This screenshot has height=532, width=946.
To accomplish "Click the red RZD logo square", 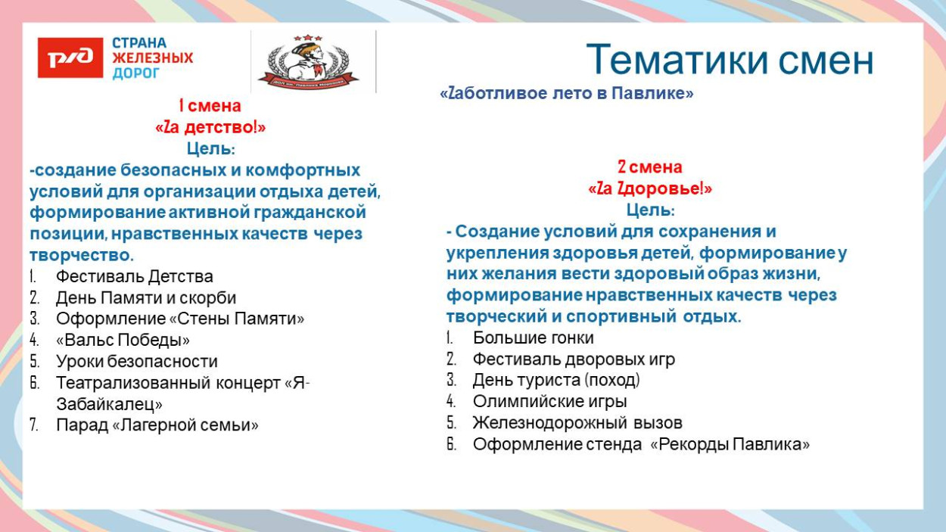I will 70,58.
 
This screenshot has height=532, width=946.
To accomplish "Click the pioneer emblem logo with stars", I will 308,61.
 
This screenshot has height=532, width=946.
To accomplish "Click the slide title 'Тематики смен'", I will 730,60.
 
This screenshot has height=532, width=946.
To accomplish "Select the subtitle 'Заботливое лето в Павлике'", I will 567,94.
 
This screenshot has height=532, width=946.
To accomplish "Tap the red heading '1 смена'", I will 210,106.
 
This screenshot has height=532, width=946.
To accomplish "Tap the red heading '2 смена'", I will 649,167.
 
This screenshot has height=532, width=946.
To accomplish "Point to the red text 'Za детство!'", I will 210,128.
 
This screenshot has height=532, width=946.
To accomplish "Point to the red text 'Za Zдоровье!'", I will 649,188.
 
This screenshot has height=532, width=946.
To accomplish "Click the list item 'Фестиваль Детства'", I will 135,277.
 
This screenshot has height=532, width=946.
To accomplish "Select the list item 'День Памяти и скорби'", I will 146,298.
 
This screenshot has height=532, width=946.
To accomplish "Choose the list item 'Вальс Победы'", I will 123,341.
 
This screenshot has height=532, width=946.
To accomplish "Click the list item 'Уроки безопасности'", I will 137,362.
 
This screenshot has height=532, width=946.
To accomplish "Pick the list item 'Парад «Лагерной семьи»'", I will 157,425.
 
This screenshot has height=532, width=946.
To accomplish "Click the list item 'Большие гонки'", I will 533,338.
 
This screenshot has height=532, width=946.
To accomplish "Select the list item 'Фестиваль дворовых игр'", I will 574,359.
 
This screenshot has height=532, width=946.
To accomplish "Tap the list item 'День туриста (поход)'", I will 556,381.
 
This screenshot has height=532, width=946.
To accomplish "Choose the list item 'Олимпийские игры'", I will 549,402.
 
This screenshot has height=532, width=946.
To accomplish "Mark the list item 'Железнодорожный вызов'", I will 577,423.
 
